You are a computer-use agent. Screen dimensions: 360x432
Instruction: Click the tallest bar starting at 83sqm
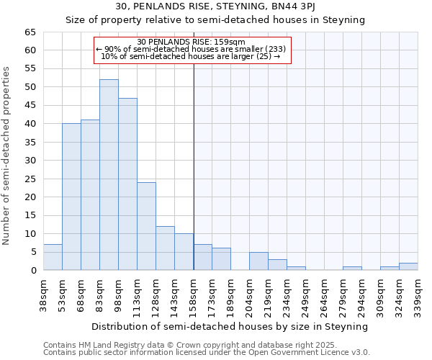109,175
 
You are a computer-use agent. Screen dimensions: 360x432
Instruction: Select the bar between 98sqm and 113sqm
127,184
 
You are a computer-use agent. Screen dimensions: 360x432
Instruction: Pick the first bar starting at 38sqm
53,257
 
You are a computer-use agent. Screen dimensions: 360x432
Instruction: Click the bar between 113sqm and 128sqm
146,226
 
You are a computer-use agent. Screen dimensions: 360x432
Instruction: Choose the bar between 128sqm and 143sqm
165,248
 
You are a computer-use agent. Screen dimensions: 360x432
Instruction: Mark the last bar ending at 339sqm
408,266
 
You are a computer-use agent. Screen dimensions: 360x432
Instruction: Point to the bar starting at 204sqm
258,261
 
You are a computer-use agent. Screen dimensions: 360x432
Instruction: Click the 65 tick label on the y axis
30,32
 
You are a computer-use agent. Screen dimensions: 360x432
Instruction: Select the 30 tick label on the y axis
30,161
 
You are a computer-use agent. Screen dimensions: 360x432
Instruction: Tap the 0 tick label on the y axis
32,271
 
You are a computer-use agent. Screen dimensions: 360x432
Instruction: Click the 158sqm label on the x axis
194,294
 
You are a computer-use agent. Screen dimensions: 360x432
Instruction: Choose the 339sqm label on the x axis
418,294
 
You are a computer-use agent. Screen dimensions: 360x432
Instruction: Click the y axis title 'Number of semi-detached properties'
7,156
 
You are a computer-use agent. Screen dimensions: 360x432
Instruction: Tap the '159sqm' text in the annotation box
229,42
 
